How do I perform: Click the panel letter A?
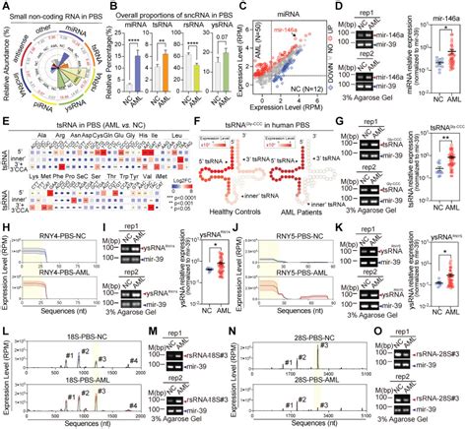pyautogui.click(x=6, y=6)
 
